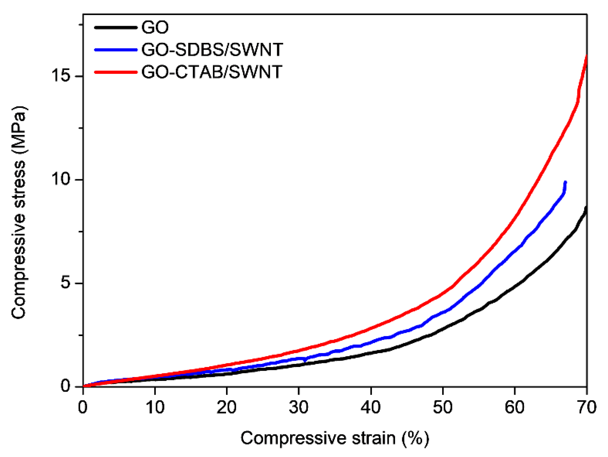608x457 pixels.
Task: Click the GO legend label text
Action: pos(155,28)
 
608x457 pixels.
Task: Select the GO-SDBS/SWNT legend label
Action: pos(212,50)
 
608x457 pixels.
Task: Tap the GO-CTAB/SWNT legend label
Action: pos(212,72)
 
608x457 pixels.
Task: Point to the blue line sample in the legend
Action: pos(116,50)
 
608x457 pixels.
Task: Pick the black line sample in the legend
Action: pos(116,28)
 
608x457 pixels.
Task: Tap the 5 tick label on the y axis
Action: pos(66,283)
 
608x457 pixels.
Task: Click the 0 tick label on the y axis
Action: pos(66,386)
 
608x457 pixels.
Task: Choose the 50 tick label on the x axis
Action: pos(442,407)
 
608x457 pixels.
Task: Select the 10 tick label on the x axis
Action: pos(155,407)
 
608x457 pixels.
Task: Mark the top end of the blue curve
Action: pos(565,182)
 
